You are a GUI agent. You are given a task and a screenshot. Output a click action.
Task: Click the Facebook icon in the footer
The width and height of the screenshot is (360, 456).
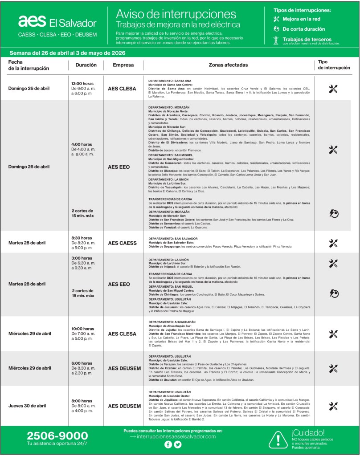(x=168, y=444)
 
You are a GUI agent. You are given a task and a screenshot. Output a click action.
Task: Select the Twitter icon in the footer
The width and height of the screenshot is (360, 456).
(x=178, y=444)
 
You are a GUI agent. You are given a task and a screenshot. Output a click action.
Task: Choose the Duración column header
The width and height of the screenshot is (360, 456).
(x=83, y=65)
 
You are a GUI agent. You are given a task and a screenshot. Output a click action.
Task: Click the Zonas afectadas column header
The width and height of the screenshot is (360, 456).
(x=228, y=65)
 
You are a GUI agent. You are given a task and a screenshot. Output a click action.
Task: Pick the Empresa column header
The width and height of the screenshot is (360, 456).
(x=122, y=65)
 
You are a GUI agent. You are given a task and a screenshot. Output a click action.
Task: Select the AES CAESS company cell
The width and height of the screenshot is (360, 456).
(x=122, y=243)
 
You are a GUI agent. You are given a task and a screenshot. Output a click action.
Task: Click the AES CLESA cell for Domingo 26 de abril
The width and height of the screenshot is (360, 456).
(x=122, y=89)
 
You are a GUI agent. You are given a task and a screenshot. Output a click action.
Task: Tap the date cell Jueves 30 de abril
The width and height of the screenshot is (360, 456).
(x=27, y=406)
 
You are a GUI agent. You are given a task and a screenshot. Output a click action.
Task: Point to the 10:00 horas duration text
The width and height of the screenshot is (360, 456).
(x=83, y=329)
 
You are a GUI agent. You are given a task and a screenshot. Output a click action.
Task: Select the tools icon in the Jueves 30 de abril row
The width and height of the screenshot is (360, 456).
(x=333, y=406)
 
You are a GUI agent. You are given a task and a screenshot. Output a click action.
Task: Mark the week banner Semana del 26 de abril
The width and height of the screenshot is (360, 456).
(x=67, y=53)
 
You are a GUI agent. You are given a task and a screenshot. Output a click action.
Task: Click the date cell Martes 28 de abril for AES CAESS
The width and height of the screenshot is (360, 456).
(x=27, y=243)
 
